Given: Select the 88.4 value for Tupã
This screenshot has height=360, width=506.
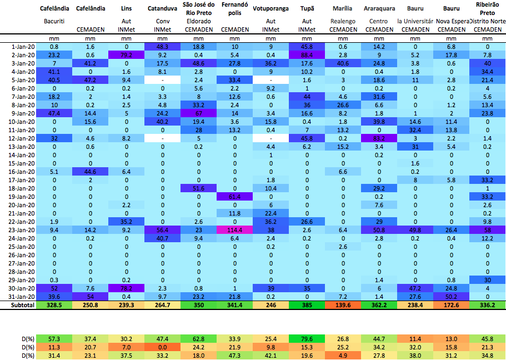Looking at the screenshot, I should coord(307,55).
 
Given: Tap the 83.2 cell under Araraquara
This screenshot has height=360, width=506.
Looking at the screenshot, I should coord(379,138).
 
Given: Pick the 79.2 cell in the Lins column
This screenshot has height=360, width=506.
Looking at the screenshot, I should coord(126,55).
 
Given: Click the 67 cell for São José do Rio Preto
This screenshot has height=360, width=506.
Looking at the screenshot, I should coord(198,113).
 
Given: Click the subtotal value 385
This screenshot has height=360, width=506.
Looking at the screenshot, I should coord(307,305).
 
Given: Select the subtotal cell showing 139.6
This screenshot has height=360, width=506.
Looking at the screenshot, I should coord(343,305).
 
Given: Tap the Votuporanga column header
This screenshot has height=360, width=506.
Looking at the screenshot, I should coord(270,9).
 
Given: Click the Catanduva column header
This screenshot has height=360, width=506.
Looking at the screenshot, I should coord(162,9).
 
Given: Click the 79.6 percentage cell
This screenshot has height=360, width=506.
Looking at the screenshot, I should coord(307,338).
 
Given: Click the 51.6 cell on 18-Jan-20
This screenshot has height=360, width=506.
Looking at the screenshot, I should coord(198,188).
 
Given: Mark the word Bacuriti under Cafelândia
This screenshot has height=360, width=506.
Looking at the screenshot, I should coord(54,21).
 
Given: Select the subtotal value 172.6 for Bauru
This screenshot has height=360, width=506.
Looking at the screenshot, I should coord(451,305).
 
